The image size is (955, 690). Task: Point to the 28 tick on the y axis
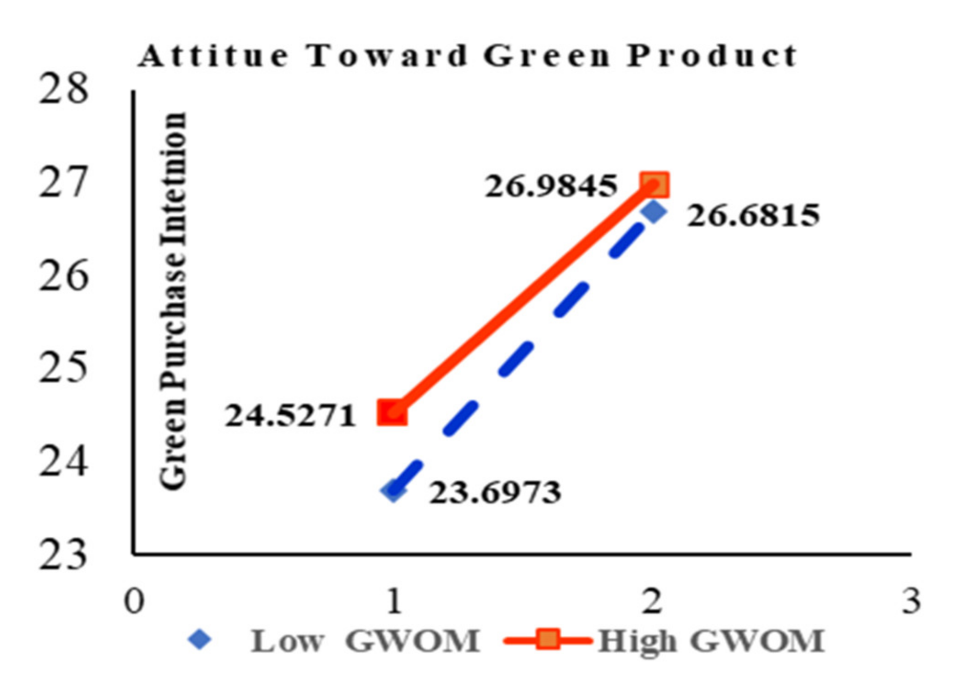(63, 89)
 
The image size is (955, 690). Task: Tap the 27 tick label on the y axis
(63, 183)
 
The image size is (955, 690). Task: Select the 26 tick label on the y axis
(63, 276)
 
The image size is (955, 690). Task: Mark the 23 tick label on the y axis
(63, 555)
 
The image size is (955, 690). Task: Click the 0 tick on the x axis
(134, 601)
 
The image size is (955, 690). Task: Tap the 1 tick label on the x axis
(394, 601)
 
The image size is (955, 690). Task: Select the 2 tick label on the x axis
(652, 601)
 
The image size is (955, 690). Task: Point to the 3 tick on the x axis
(911, 601)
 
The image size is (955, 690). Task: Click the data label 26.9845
(551, 187)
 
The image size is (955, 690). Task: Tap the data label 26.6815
(753, 216)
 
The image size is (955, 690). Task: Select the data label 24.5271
(290, 416)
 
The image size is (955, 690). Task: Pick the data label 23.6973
(495, 493)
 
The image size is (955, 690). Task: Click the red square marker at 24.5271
(392, 412)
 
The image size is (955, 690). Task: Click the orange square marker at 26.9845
(654, 185)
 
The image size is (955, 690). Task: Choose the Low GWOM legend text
(365, 641)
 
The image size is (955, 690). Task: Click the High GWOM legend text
(711, 641)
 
